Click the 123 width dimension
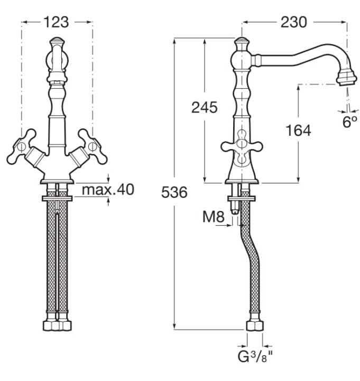56,22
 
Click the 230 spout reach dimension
294,22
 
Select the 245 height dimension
204,107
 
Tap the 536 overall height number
174,193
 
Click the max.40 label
108,189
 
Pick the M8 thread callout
214,216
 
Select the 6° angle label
350,123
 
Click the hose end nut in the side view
254,324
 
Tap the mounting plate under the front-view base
57,198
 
